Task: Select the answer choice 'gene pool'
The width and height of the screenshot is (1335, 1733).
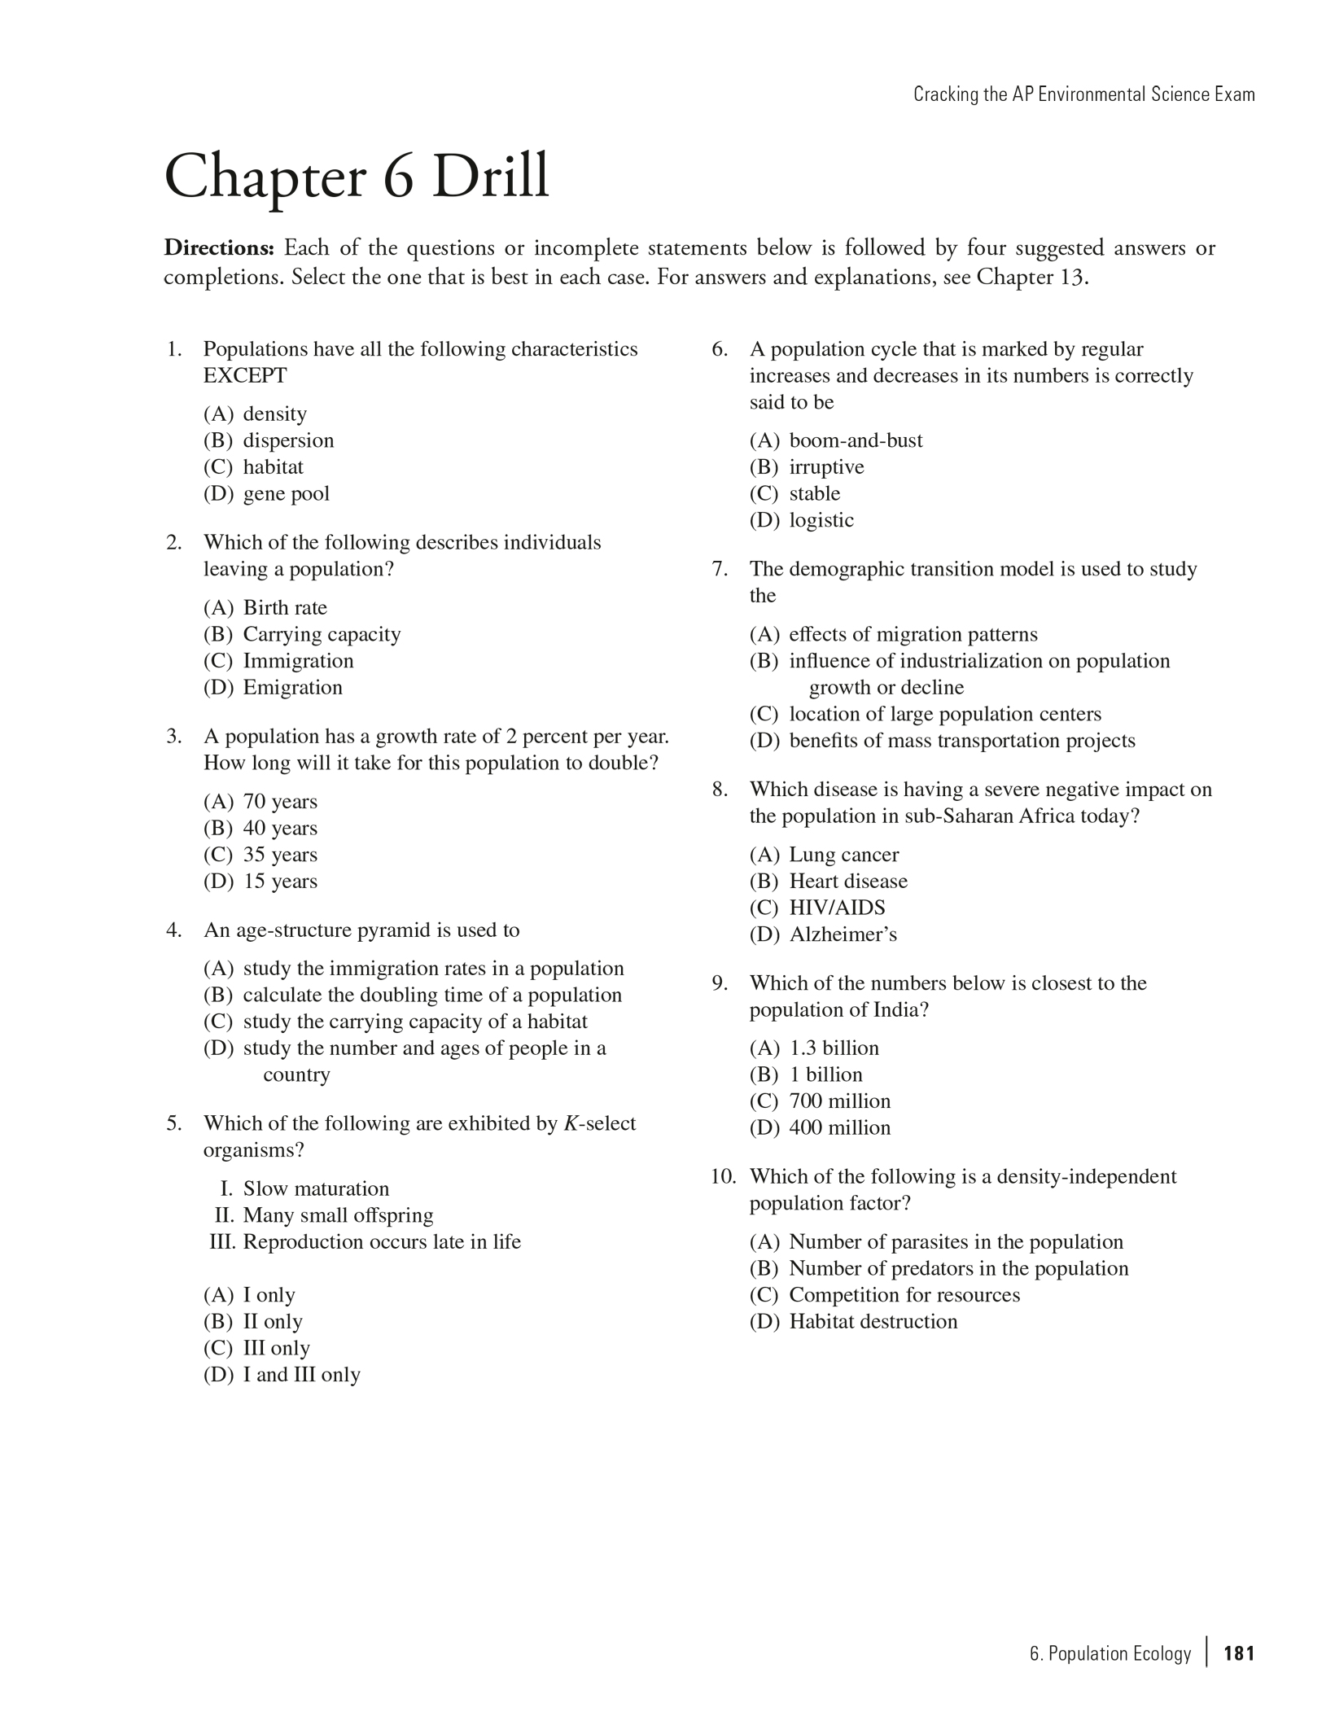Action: point(286,494)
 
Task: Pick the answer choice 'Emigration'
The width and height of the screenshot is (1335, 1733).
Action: point(292,688)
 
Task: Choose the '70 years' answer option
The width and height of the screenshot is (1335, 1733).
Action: point(280,802)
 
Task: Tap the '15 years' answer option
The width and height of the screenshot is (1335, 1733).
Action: point(280,882)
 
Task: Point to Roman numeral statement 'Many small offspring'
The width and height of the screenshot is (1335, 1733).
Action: point(338,1215)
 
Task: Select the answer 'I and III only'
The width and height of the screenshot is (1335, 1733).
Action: point(301,1375)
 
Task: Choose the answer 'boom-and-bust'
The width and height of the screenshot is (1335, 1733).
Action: point(856,441)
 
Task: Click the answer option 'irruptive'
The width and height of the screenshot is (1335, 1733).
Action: point(826,467)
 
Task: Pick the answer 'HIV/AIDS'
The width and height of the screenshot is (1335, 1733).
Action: point(837,908)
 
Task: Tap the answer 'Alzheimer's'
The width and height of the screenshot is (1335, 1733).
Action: point(843,934)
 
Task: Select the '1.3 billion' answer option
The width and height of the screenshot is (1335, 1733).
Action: point(834,1048)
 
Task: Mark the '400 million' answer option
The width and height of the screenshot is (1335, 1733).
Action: point(839,1128)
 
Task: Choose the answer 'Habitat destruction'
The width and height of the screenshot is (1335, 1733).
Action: point(873,1321)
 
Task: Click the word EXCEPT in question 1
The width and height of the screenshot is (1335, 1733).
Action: point(245,376)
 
